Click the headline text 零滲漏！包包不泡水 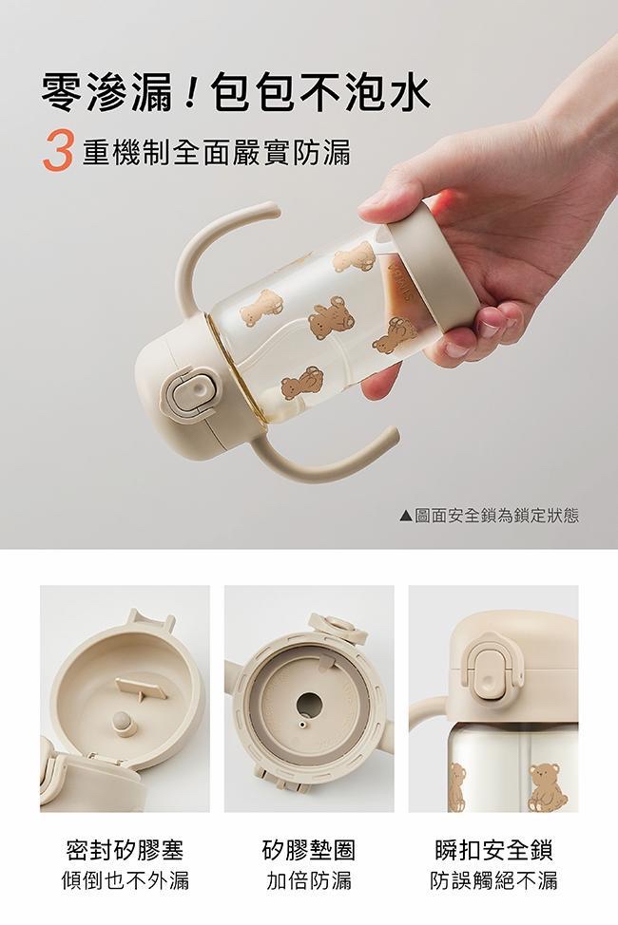(235, 93)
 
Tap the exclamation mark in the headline (190, 93)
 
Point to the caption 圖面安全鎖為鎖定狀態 (497, 516)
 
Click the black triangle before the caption (406, 517)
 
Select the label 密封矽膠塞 (125, 850)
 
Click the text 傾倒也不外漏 (125, 880)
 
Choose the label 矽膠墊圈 (308, 850)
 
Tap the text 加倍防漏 (308, 880)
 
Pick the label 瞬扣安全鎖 (493, 850)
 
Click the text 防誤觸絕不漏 (493, 880)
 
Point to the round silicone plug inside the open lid (124, 723)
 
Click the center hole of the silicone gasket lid (308, 703)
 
